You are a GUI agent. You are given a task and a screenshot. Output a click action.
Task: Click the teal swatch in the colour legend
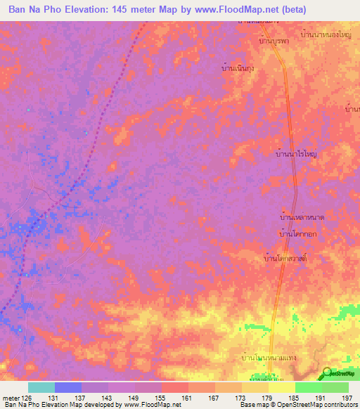(41, 387)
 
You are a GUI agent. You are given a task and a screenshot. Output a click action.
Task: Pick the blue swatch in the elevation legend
(68, 387)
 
